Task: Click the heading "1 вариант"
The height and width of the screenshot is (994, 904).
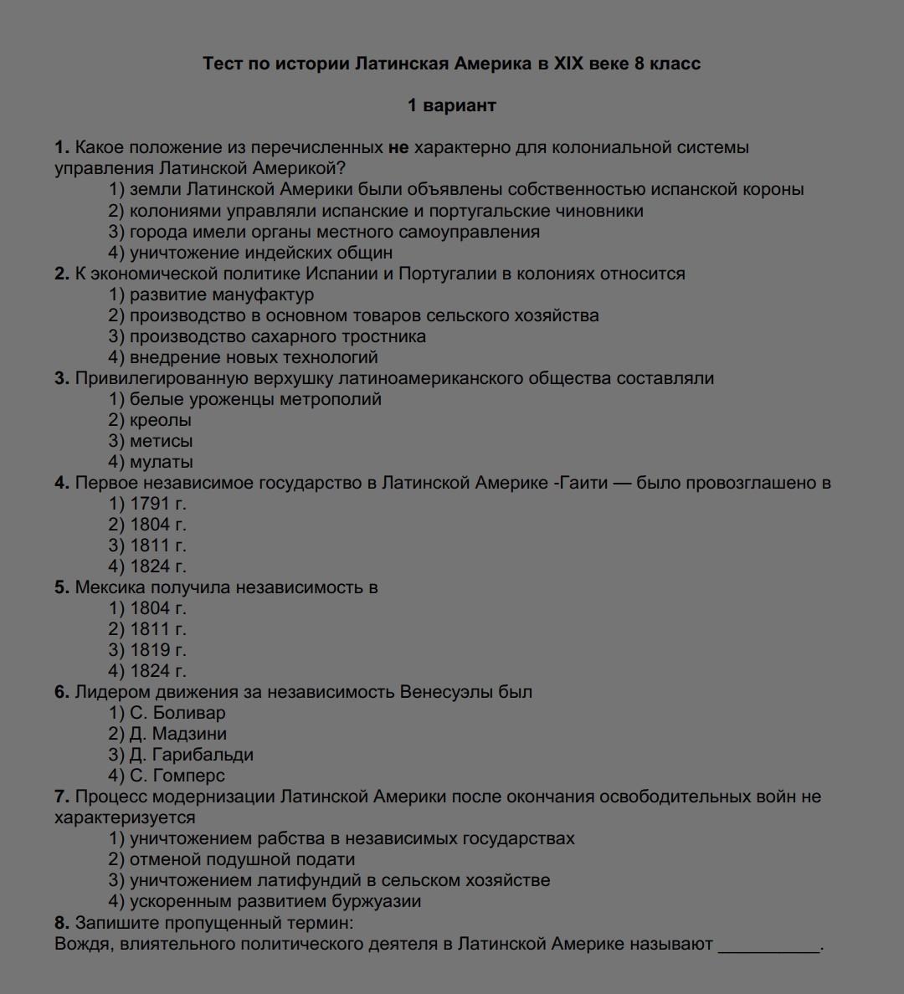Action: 451,105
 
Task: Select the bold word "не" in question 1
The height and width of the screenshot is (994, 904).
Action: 398,148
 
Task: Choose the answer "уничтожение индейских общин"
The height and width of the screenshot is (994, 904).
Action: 260,253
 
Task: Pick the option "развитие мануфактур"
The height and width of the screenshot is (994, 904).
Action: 221,295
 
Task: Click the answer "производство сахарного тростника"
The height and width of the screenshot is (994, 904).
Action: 277,336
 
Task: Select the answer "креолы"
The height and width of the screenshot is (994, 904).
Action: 160,420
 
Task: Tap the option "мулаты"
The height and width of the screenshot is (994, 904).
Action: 161,462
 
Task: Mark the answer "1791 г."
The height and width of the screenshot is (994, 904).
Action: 157,504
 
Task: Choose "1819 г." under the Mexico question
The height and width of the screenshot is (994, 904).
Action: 157,650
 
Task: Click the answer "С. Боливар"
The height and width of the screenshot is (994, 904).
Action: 177,713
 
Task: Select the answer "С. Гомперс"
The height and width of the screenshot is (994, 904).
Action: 177,776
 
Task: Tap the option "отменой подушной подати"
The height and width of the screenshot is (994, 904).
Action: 242,859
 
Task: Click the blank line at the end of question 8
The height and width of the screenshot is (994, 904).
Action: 769,945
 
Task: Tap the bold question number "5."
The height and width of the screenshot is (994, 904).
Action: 62,587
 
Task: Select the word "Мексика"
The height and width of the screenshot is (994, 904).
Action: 110,587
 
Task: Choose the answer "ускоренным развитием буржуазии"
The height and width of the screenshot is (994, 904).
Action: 275,901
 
